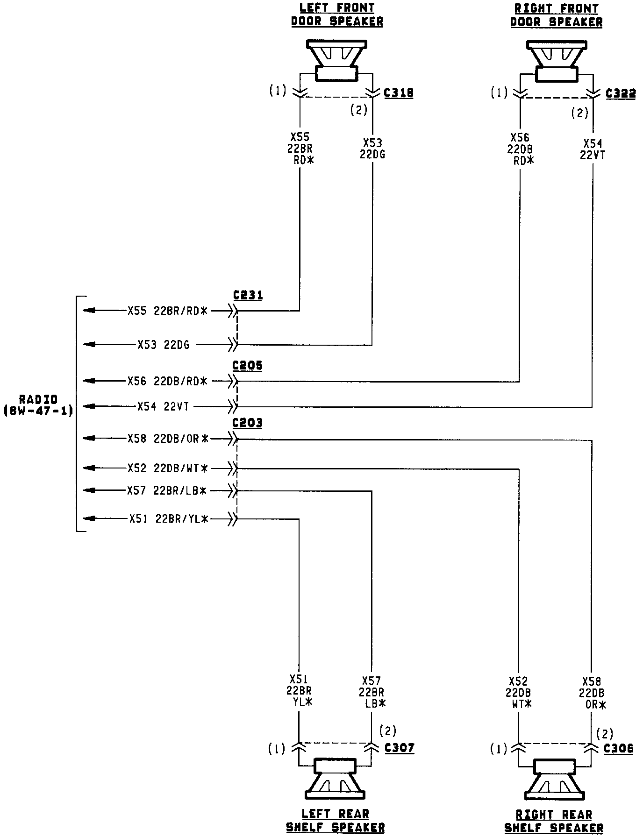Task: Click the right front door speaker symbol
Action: tap(556, 60)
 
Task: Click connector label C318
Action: tap(399, 93)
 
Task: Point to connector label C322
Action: tap(621, 93)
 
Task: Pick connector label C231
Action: tap(248, 295)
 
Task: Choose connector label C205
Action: tap(248, 365)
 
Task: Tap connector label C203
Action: tap(248, 423)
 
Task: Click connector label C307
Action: tap(400, 748)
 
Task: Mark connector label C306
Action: tap(619, 748)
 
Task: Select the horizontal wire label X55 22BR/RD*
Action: tap(167, 311)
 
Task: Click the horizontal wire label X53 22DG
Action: tap(164, 345)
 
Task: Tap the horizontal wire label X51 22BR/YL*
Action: tap(169, 518)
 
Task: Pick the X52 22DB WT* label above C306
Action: tap(518, 693)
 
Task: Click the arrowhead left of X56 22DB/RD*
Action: tap(89, 381)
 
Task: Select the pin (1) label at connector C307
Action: tap(276, 749)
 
